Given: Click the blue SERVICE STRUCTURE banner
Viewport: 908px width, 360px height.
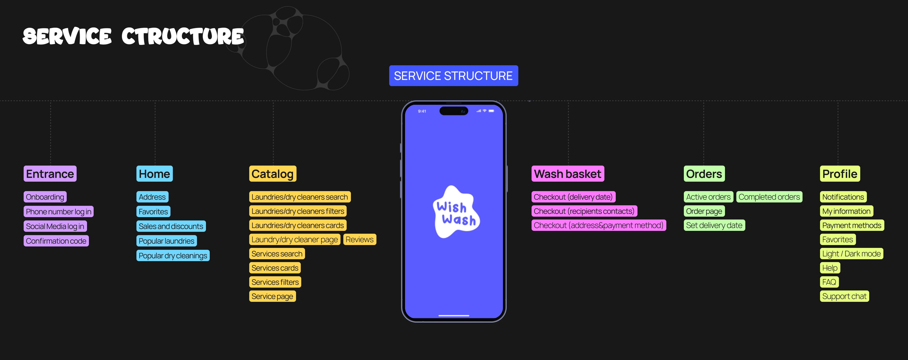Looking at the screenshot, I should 453,76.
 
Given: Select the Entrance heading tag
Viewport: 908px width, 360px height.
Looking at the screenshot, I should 50,174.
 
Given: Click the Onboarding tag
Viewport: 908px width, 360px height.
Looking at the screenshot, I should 45,197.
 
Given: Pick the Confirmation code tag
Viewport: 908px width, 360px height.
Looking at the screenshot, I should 56,241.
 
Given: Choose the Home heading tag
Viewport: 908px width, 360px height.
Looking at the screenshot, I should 154,174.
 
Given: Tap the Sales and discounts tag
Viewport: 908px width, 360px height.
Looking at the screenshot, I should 171,226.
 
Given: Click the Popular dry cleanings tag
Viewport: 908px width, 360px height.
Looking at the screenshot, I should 173,255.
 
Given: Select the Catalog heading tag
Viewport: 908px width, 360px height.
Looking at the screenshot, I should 272,174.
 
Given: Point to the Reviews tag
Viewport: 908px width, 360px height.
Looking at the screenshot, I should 360,239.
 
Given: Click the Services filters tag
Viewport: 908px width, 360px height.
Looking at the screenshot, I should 275,282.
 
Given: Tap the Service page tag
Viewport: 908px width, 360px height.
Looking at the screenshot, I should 272,296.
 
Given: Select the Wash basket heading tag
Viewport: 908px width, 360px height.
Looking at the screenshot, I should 567,174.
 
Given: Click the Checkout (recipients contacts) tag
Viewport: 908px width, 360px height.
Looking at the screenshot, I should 584,211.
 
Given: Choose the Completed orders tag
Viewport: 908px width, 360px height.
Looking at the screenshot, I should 769,197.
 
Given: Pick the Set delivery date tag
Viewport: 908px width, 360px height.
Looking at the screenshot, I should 714,225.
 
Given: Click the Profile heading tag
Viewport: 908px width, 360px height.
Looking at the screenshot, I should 840,174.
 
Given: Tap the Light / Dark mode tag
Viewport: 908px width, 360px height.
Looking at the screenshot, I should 851,254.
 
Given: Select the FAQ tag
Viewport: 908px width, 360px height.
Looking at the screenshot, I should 829,282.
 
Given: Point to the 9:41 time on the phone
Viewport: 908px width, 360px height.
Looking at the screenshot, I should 422,111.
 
